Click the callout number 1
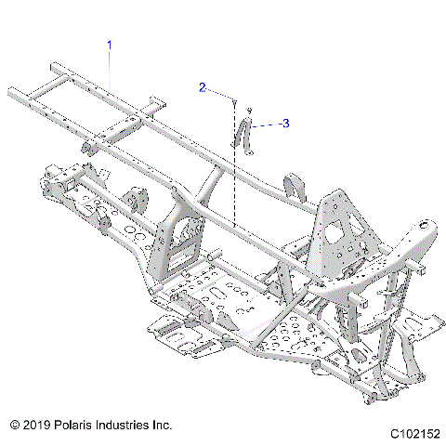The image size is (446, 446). [110, 45]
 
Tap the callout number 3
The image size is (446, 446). [285, 123]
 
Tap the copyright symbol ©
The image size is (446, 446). [14, 424]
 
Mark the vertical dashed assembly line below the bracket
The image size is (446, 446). [237, 186]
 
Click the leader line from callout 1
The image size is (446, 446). [110, 70]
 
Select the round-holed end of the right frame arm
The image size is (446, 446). [426, 225]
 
